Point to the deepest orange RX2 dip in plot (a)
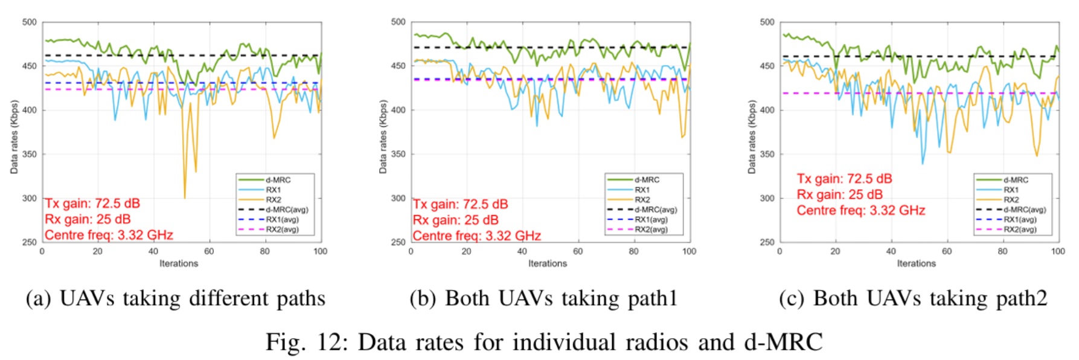pyautogui.click(x=185, y=197)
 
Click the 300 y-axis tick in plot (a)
pyautogui.click(x=29, y=198)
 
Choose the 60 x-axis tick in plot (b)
pyautogui.click(x=578, y=251)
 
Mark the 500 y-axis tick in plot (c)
pyautogui.click(x=767, y=22)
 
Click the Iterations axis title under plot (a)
pyautogui.click(x=179, y=263)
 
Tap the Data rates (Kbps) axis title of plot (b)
pyautogui.click(x=383, y=137)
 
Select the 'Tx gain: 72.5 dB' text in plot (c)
pyautogui.click(x=844, y=179)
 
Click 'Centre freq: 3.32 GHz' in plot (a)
pyautogui.click(x=109, y=235)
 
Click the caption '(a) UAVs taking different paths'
pyautogui.click(x=175, y=298)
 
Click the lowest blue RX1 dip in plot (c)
pyautogui.click(x=922, y=163)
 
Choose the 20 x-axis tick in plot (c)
pyautogui.click(x=835, y=251)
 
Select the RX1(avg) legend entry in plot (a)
pyautogui.click(x=282, y=220)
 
